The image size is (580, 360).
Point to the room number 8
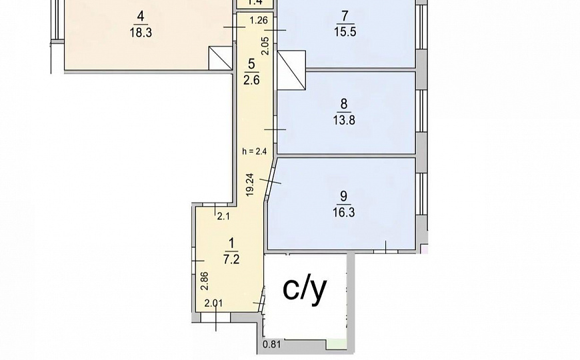(344, 103)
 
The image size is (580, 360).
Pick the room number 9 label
(343, 195)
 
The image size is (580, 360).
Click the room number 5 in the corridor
(251, 65)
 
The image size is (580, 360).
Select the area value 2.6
(251, 80)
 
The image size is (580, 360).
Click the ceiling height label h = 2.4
(254, 151)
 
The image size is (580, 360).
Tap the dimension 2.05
(265, 45)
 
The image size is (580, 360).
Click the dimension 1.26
(258, 21)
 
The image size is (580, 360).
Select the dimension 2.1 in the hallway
(223, 215)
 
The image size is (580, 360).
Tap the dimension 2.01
(213, 304)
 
